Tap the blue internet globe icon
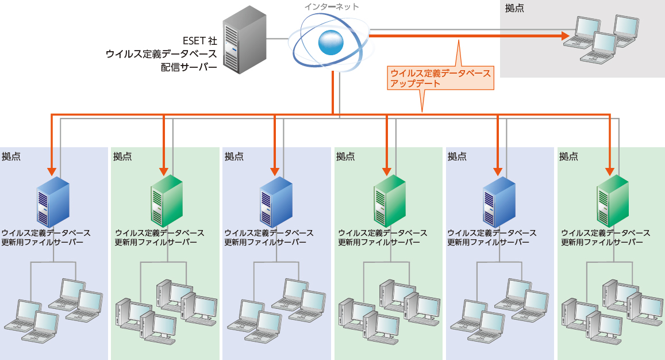[x=332, y=41]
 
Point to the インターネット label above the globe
[x=332, y=7]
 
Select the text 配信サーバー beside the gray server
[x=189, y=67]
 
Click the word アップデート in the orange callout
[x=415, y=83]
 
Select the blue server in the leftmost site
[x=52, y=201]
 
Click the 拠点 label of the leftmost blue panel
[x=11, y=156]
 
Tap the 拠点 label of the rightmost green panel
[x=568, y=156]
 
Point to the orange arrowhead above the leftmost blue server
[x=52, y=171]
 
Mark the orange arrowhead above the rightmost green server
[x=609, y=171]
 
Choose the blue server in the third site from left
[x=275, y=201]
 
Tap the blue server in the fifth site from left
[x=498, y=201]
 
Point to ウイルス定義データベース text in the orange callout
[x=440, y=74]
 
